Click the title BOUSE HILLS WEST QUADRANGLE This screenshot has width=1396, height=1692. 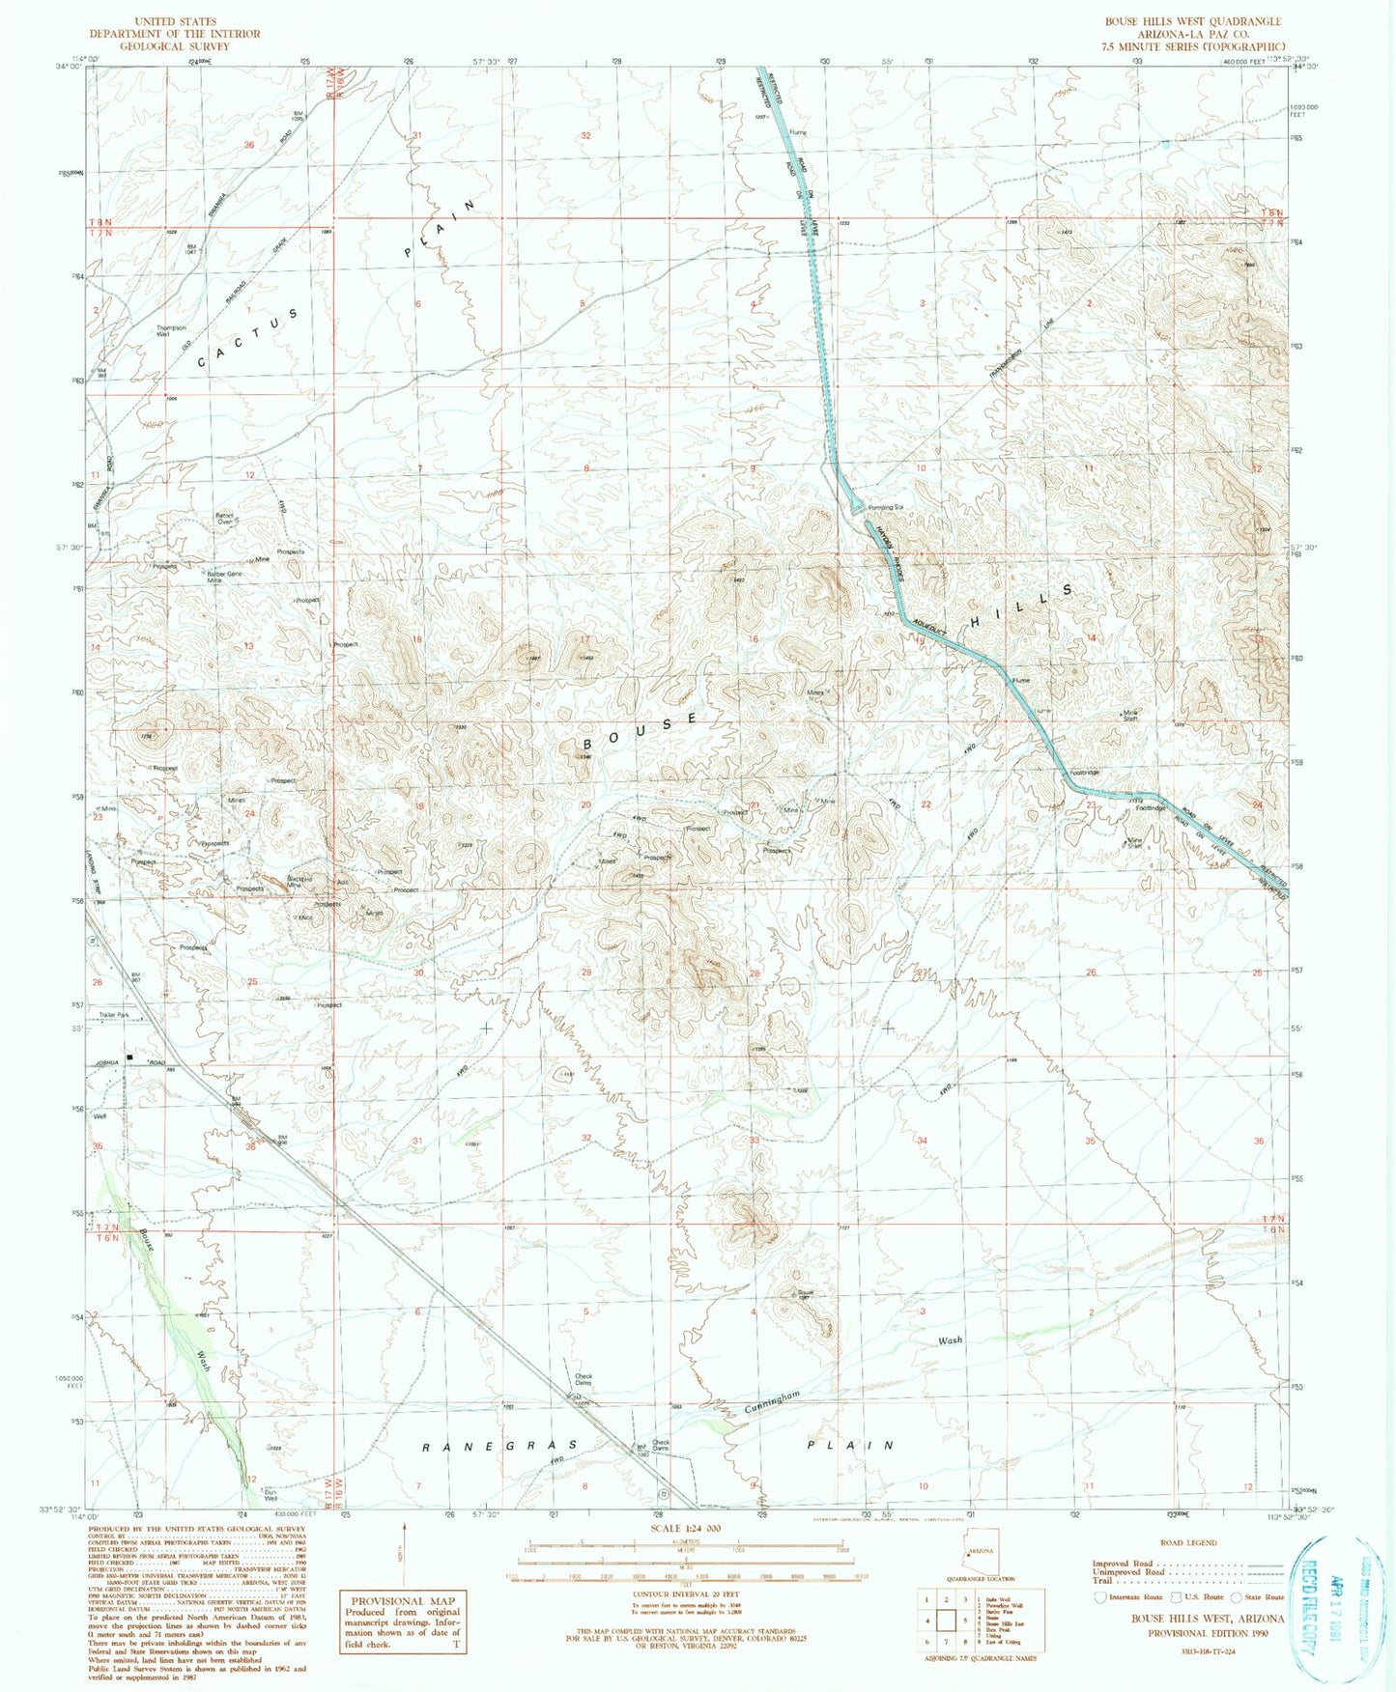coord(1193,21)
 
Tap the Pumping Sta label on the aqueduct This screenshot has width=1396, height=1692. coord(884,507)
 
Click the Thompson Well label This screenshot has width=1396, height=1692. coord(171,331)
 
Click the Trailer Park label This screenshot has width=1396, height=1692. coord(116,1015)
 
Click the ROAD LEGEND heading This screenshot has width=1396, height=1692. coord(1189,1542)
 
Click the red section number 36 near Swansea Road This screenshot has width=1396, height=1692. coord(248,145)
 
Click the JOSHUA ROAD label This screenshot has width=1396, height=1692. coord(126,1062)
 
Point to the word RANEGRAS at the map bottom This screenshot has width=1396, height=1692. coord(499,1446)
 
